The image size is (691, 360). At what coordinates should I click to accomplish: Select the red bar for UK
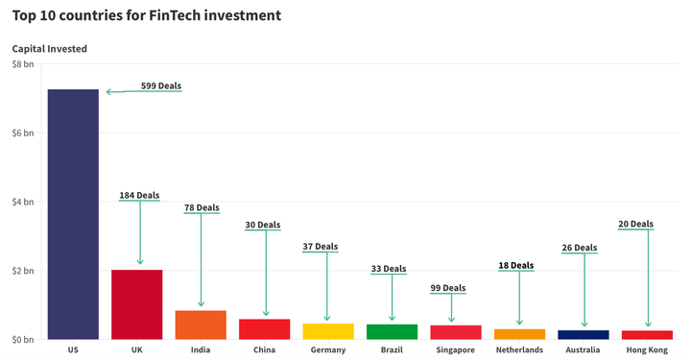point(136,304)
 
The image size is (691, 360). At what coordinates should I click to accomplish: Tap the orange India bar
point(201,324)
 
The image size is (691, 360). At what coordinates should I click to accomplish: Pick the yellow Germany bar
point(328,331)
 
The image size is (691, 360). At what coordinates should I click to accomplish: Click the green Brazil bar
point(392,331)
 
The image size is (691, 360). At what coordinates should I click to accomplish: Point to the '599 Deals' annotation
point(160,85)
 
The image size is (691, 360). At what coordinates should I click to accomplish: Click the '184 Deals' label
point(139,196)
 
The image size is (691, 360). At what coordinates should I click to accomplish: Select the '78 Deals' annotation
point(202,207)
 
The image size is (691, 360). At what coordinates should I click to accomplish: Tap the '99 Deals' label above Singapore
point(447,288)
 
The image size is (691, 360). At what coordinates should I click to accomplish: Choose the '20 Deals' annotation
point(635,224)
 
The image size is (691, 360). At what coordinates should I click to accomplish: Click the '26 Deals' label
point(579,248)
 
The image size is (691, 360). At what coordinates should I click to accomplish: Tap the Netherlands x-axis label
point(519,350)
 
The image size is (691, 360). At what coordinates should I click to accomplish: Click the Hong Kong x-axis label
point(647,350)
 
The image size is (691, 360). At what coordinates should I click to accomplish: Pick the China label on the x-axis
point(264,350)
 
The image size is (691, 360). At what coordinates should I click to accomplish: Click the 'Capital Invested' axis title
point(49,48)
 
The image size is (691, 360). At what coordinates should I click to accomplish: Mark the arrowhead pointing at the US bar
point(109,92)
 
